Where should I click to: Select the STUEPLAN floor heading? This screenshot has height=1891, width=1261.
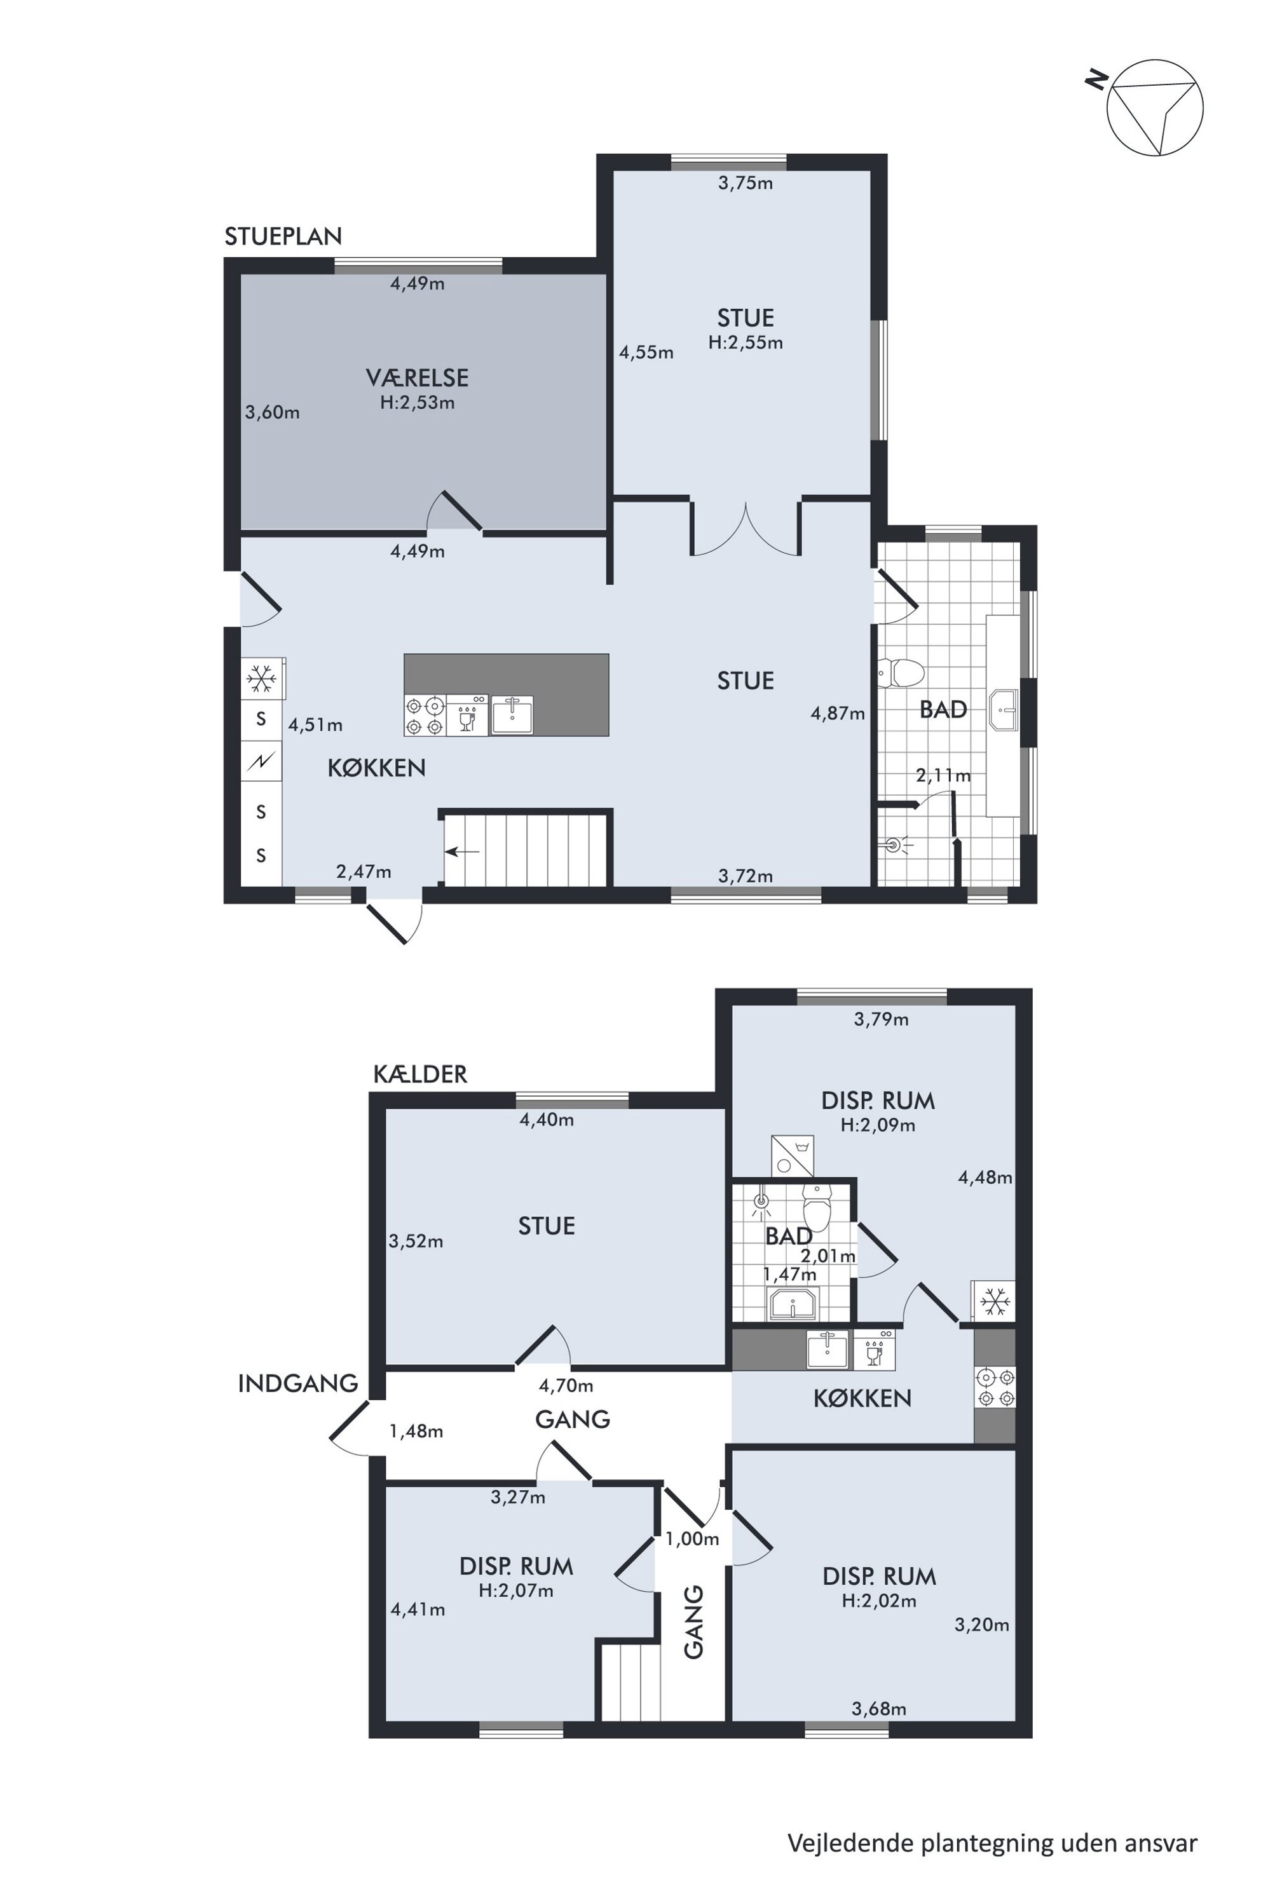(x=283, y=236)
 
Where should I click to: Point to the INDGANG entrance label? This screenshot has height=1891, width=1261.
(x=297, y=1383)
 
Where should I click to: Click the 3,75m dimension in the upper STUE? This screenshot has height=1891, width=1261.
(x=746, y=183)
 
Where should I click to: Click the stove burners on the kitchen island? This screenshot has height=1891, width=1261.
(x=425, y=715)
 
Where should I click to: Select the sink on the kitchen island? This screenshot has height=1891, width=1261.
(x=512, y=715)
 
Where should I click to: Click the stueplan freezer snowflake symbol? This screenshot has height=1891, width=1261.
(x=261, y=679)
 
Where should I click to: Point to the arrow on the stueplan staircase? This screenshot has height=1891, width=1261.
(x=463, y=852)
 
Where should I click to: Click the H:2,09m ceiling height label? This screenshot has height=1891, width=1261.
(x=877, y=1125)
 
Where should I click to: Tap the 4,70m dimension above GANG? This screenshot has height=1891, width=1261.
(x=566, y=1385)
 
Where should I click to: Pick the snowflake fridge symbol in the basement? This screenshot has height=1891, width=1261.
(x=995, y=1301)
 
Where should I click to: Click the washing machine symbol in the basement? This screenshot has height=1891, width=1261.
(x=792, y=1155)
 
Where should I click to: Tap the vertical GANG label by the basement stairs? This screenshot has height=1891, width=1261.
(x=693, y=1622)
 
